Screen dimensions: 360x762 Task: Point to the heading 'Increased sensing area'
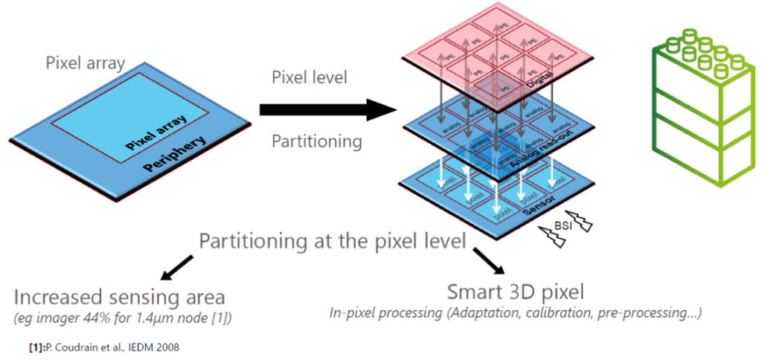pos(119,298)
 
